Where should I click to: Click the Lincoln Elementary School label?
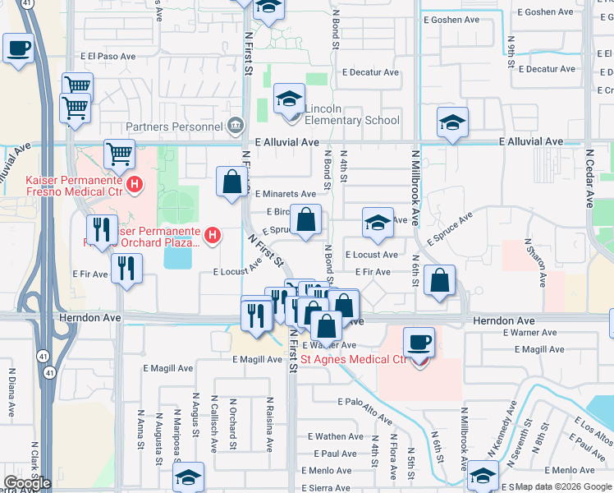tap(352, 114)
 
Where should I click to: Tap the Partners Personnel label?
tap(175, 127)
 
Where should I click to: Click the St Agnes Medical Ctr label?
tap(354, 359)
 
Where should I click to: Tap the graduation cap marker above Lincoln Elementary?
tap(289, 99)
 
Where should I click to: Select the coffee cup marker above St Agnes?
tap(419, 342)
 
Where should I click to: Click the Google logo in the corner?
tap(26, 483)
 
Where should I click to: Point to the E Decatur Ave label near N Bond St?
tap(371, 72)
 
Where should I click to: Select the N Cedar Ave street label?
tap(589, 177)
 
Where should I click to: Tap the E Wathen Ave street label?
tap(335, 436)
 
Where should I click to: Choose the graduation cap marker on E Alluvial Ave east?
tap(452, 122)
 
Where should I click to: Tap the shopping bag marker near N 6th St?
tap(441, 280)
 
